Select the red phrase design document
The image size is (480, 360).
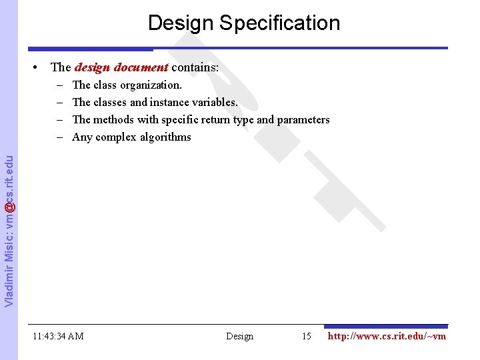(121, 67)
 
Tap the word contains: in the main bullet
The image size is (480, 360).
(195, 67)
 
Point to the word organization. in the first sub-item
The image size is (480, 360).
(151, 85)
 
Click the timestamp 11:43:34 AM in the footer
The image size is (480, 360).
(58, 337)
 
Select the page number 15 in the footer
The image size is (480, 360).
(306, 337)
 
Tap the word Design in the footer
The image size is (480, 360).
(239, 337)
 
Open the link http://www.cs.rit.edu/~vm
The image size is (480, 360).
(387, 337)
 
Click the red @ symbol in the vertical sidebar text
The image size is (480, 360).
(9, 209)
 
